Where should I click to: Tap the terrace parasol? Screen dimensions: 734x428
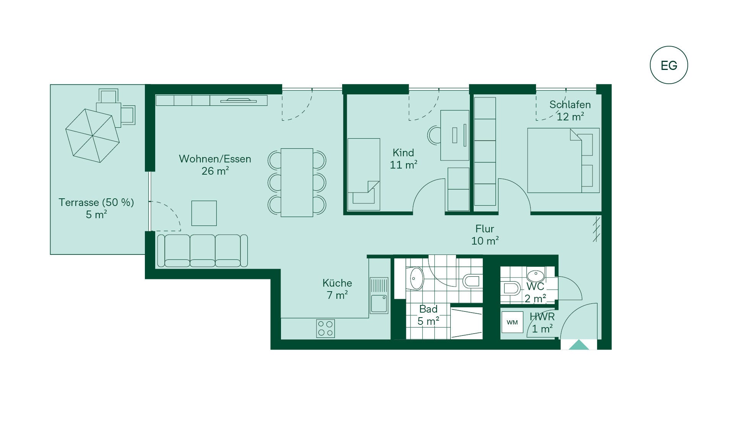click(93, 135)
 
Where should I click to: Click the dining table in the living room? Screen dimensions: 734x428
click(297, 183)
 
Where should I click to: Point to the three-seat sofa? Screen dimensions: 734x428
click(203, 250)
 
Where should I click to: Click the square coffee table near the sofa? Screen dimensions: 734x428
click(204, 213)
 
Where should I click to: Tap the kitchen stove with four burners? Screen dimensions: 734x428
click(325, 328)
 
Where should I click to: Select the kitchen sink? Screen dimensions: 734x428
click(379, 295)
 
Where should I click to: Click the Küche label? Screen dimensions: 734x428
click(337, 283)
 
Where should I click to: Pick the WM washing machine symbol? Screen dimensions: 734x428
click(512, 322)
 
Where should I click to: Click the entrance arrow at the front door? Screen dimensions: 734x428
click(579, 345)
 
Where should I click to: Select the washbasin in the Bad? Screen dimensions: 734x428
click(416, 278)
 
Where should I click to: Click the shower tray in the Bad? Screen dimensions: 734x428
click(466, 323)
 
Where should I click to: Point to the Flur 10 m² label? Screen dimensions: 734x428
click(485, 235)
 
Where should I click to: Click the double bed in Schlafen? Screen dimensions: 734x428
click(563, 160)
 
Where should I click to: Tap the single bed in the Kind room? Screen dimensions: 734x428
click(364, 174)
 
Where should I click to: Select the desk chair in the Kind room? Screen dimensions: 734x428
click(434, 135)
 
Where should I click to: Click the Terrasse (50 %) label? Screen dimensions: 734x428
click(96, 202)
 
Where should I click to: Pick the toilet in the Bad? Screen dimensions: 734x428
click(472, 281)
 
